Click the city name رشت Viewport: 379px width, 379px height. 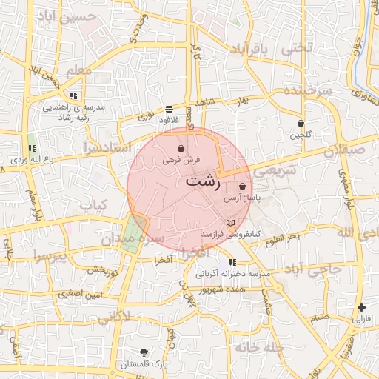point(201,180)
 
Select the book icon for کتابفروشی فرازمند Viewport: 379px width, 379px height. point(230,223)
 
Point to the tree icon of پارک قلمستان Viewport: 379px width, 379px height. point(144,352)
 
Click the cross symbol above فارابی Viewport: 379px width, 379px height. point(360,307)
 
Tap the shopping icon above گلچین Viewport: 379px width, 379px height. point(301,123)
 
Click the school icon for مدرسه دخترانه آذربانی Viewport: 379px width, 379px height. point(233,262)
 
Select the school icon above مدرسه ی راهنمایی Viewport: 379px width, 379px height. point(73,95)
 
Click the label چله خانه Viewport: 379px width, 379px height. point(260,346)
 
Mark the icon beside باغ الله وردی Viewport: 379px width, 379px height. point(32,149)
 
